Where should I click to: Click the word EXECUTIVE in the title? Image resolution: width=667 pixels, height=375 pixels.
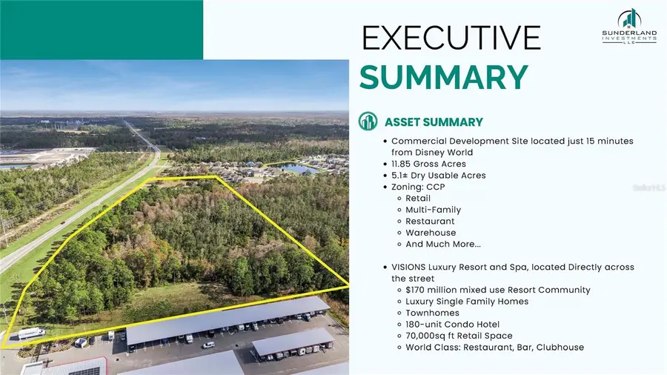point(451,38)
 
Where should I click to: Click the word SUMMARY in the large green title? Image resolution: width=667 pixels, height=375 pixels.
point(444,78)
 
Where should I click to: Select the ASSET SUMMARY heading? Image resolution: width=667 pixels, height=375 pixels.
point(434,122)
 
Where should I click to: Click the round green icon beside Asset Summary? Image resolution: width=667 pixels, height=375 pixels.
point(368,122)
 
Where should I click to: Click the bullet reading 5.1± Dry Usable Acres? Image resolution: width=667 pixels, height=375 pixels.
point(438,176)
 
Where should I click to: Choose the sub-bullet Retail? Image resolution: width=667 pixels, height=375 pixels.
point(419,198)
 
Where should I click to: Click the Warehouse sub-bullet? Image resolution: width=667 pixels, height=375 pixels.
point(430,233)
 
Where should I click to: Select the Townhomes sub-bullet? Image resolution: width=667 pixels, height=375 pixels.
point(432,313)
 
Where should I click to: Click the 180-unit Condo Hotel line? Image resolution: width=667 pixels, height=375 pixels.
point(452,324)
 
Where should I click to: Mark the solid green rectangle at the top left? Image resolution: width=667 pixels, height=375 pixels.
point(102,30)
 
